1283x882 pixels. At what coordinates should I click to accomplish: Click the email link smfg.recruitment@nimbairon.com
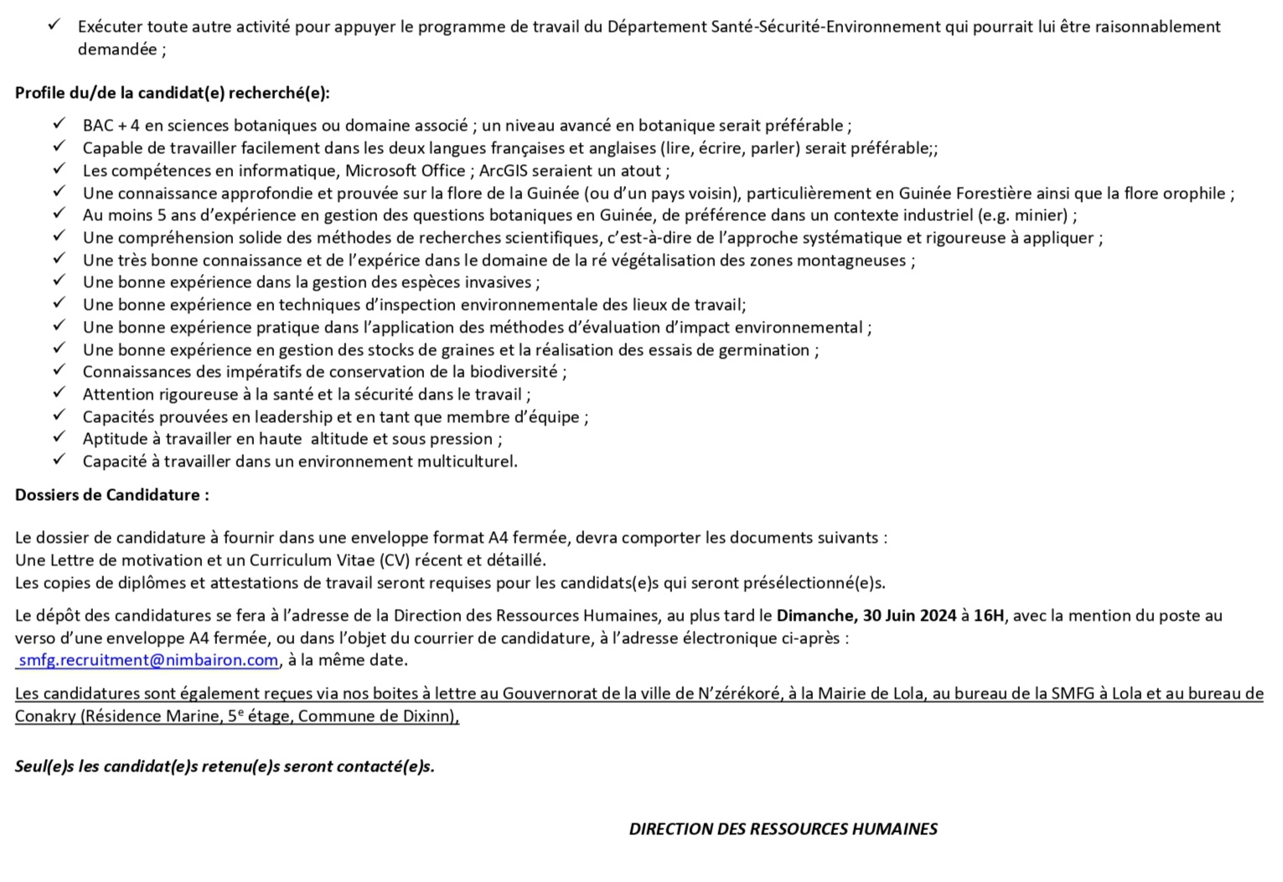pyautogui.click(x=148, y=660)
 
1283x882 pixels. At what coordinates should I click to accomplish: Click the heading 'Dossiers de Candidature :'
pyautogui.click(x=112, y=495)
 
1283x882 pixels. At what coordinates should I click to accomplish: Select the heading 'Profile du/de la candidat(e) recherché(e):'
pyautogui.click(x=172, y=93)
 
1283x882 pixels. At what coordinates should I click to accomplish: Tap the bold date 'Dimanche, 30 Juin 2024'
pyautogui.click(x=867, y=616)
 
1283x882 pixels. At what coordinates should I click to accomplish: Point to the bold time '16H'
pyautogui.click(x=989, y=616)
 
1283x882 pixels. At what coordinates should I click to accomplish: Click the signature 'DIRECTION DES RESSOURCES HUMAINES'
pyautogui.click(x=783, y=829)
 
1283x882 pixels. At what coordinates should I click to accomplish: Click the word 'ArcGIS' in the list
pyautogui.click(x=504, y=171)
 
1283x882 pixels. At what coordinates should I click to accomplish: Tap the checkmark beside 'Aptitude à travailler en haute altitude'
pyautogui.click(x=59, y=437)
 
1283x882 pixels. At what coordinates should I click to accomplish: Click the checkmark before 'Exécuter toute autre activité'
pyautogui.click(x=54, y=25)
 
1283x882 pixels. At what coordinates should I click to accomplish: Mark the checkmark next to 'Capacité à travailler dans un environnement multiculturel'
pyautogui.click(x=59, y=460)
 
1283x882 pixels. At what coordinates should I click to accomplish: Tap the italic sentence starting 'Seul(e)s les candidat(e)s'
pyautogui.click(x=225, y=766)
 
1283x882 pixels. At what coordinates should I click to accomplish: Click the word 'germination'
pyautogui.click(x=767, y=350)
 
